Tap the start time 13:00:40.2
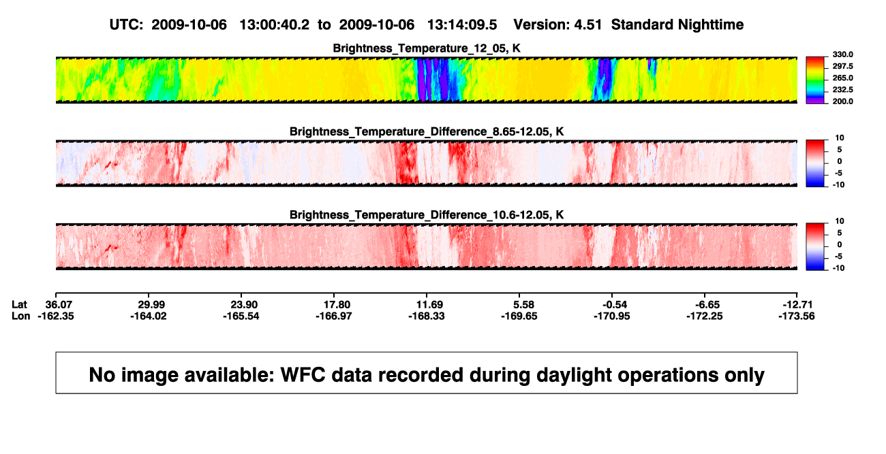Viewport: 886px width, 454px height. tap(275, 25)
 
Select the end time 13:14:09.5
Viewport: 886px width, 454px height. tap(462, 25)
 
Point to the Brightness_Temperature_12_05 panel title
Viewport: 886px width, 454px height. tap(427, 48)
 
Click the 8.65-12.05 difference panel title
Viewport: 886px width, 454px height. tap(427, 131)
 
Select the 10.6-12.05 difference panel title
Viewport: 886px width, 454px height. tap(427, 215)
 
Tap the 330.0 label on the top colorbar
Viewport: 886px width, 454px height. tap(842, 54)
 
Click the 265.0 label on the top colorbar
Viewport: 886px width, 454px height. tap(842, 78)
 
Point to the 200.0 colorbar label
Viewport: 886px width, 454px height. tap(842, 101)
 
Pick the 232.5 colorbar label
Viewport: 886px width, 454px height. tap(842, 90)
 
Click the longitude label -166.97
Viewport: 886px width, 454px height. tap(334, 316)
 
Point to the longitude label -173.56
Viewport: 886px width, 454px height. tap(797, 316)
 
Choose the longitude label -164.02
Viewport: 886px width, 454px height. tap(149, 316)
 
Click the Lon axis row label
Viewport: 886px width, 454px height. tap(20, 316)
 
